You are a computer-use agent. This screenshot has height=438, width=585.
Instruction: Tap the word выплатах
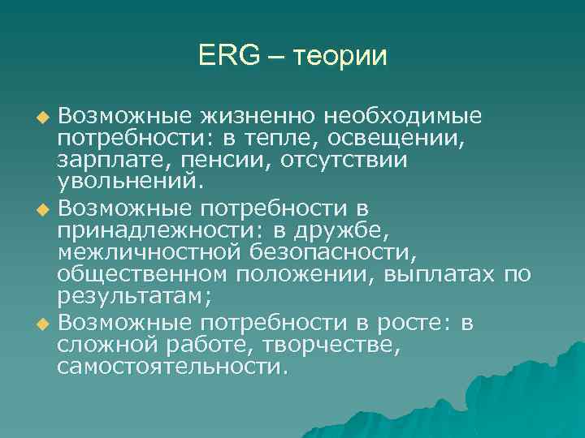point(437,278)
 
